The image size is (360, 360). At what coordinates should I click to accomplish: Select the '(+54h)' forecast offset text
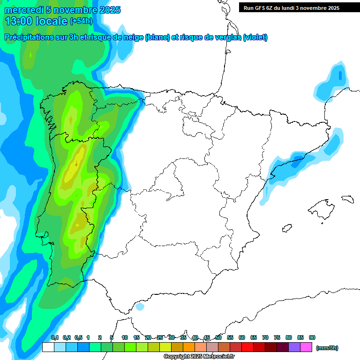click(x=81, y=21)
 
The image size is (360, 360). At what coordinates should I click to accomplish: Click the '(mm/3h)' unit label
click(x=327, y=348)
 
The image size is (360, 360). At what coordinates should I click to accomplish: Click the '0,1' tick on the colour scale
click(x=54, y=338)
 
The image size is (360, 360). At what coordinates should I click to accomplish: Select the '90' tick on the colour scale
click(x=312, y=338)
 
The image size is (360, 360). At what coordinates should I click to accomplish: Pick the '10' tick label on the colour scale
click(x=125, y=338)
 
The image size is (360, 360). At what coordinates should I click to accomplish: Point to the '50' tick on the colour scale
click(x=218, y=338)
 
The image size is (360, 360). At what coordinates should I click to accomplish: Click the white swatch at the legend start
click(x=48, y=347)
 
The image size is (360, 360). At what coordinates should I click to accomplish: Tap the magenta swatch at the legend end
click(x=306, y=347)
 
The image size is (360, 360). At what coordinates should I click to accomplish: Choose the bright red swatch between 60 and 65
click(x=247, y=347)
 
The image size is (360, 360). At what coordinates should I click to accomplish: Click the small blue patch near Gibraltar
click(x=139, y=307)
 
